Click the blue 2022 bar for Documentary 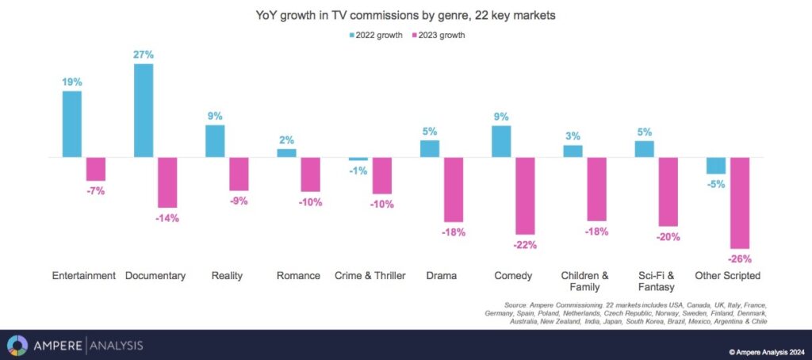click(144, 110)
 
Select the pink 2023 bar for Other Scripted click(741, 203)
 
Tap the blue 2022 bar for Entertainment click(72, 124)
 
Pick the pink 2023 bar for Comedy click(525, 196)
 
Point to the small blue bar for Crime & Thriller click(358, 159)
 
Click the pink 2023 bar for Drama click(454, 190)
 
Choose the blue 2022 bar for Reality click(215, 141)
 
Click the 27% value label click(144, 55)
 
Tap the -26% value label click(740, 259)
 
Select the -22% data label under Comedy click(525, 245)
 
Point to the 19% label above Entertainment click(72, 82)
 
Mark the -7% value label click(95, 190)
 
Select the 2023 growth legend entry click(438, 35)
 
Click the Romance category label click(298, 276)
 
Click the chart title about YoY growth click(406, 16)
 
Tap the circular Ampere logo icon click(17, 345)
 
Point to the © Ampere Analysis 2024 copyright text click(768, 352)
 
